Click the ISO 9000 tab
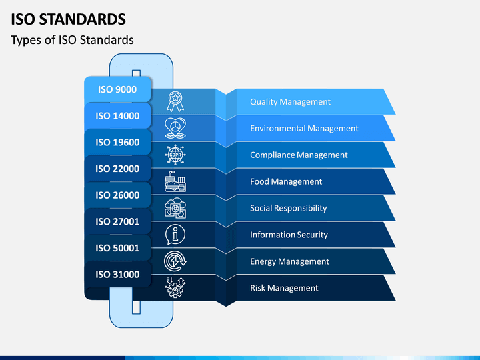(117, 89)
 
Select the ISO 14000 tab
(117, 116)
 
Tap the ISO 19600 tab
(117, 142)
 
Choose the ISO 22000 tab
(117, 169)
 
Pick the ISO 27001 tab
(117, 221)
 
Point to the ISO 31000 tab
(117, 274)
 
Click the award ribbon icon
(175, 101)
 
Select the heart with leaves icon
(175, 128)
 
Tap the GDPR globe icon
(175, 155)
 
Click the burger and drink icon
(175, 181)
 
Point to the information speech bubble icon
(175, 235)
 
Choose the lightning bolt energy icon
(175, 261)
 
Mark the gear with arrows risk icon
(175, 287)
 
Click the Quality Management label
(290, 101)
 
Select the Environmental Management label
(304, 128)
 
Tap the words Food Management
(286, 181)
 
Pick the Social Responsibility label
(289, 208)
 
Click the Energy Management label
(289, 261)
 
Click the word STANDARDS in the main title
(83, 19)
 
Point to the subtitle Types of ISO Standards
(72, 40)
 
